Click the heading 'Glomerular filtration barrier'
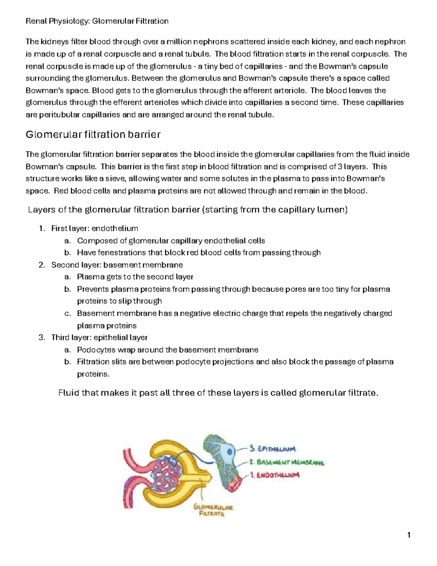(93, 135)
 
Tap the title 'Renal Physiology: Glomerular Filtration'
(97, 21)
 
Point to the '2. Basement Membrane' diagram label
(287, 462)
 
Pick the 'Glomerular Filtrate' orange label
(214, 511)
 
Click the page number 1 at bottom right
(409, 535)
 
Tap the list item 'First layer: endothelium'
(95, 229)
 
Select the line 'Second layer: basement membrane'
(117, 265)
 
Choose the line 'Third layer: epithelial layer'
(99, 337)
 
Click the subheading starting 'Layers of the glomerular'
(188, 210)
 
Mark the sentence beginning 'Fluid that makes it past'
(219, 393)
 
